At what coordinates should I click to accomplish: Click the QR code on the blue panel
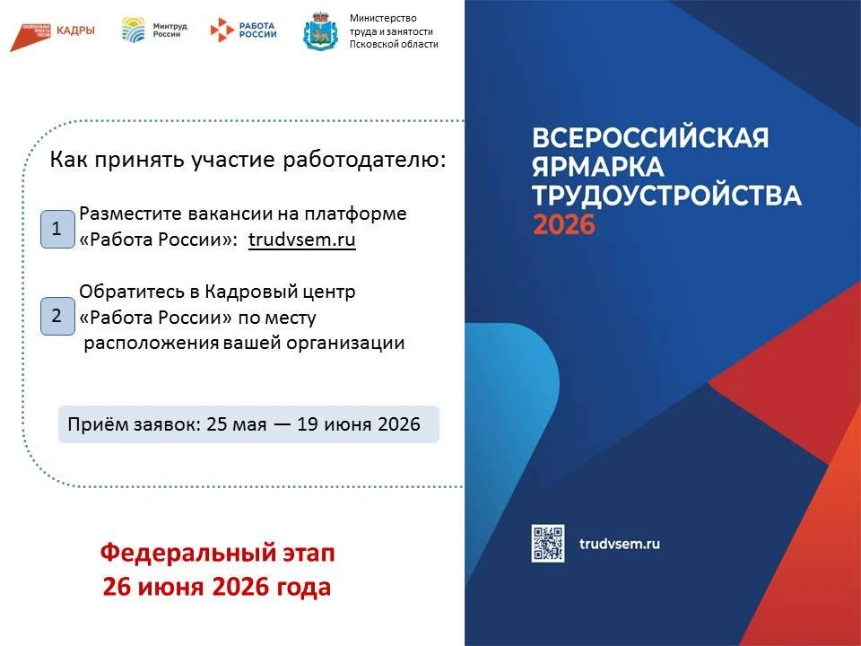(x=547, y=544)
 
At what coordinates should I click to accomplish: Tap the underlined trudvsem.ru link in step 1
(x=302, y=240)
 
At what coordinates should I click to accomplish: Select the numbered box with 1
(x=57, y=229)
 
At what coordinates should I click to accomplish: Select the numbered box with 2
(x=57, y=316)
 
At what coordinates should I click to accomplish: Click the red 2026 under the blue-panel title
(x=564, y=224)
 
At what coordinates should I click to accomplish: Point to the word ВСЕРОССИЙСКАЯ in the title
(x=650, y=138)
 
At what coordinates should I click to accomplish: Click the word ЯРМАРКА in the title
(x=598, y=167)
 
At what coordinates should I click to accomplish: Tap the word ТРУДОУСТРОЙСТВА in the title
(x=666, y=196)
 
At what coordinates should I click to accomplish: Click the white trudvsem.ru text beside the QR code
(x=620, y=544)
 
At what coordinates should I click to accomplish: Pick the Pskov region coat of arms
(x=320, y=31)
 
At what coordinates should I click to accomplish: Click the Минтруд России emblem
(x=134, y=30)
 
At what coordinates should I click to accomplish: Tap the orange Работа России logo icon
(x=222, y=30)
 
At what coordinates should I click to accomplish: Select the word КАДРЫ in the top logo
(x=75, y=31)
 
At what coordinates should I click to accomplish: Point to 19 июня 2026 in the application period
(x=359, y=424)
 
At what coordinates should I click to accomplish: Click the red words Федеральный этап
(x=217, y=553)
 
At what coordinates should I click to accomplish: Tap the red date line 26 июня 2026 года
(x=217, y=587)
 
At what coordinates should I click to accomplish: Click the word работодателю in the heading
(x=364, y=160)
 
